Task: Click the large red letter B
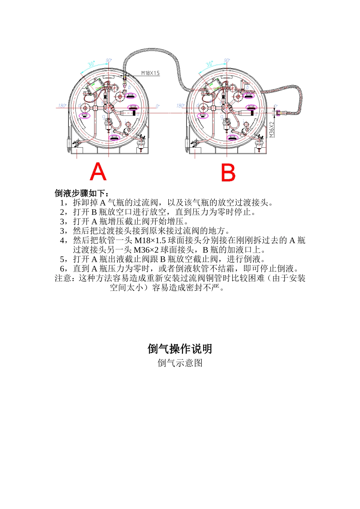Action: click(x=228, y=173)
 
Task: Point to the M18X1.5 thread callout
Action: click(x=150, y=73)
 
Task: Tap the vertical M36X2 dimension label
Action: click(x=272, y=130)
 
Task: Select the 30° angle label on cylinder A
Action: click(x=91, y=64)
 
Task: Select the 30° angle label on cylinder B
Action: click(x=209, y=64)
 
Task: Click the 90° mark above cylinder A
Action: click(x=109, y=61)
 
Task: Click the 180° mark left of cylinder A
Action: click(x=62, y=106)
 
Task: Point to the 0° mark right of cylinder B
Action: click(x=275, y=106)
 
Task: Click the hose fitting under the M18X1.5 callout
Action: click(x=124, y=79)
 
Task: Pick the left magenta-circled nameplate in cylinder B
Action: click(x=203, y=116)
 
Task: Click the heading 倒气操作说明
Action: click(x=180, y=349)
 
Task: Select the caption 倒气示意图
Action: click(x=180, y=363)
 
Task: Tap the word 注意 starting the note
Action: click(x=63, y=278)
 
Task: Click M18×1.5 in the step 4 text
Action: click(x=150, y=240)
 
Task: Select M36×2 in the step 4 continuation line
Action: click(x=146, y=250)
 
